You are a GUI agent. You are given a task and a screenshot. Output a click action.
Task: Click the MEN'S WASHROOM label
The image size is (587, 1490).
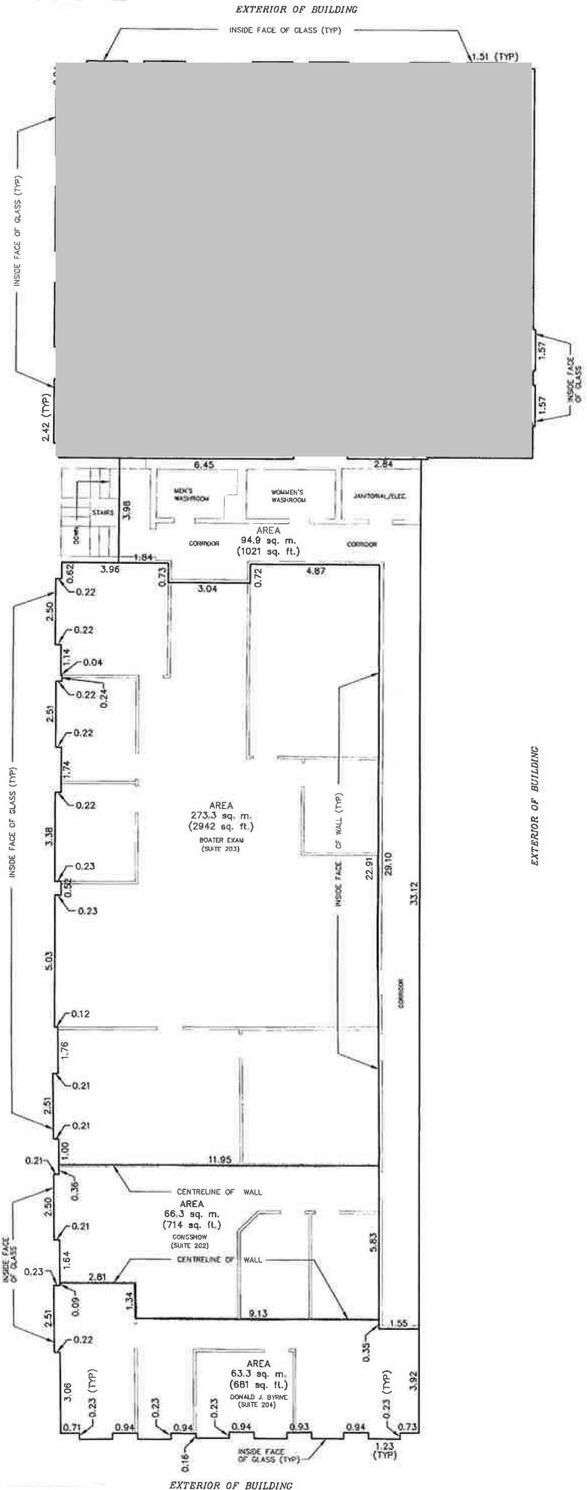(191, 495)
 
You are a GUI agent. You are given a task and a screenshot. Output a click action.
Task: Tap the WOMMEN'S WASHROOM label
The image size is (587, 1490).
(288, 496)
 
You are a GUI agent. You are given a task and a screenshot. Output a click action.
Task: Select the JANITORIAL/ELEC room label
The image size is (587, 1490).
(379, 496)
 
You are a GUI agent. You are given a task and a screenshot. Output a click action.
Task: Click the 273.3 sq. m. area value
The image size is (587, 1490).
(221, 816)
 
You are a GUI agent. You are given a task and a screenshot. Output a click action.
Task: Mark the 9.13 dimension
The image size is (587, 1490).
(258, 1312)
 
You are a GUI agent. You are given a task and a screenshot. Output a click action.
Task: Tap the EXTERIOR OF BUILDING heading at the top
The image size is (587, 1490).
(296, 9)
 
